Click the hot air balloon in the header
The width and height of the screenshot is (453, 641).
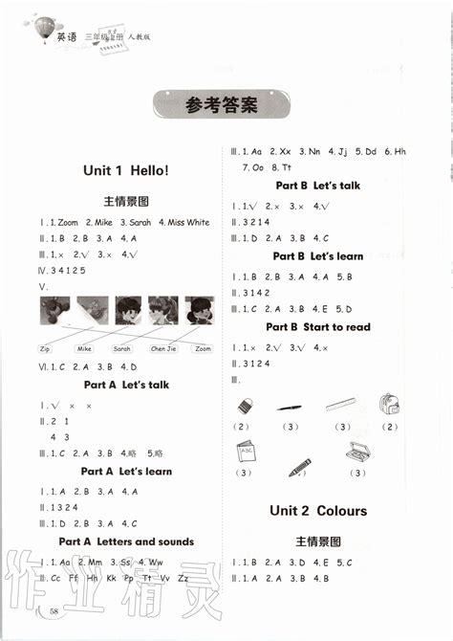[x=41, y=30]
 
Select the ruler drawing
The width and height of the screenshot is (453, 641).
[x=341, y=404]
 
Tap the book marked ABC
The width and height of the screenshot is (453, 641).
[x=245, y=453]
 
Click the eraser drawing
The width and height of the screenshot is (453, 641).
[x=246, y=405]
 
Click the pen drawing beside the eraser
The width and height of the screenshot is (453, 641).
[x=291, y=408]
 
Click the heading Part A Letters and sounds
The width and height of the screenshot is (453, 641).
[x=126, y=542]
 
